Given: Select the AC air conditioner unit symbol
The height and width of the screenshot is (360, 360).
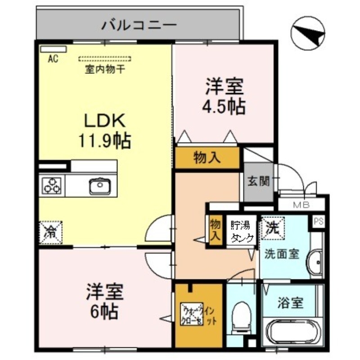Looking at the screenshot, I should click(x=53, y=49).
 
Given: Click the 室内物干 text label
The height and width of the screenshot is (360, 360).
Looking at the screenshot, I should click(x=105, y=70).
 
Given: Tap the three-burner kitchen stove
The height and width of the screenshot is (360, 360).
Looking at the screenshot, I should click(x=52, y=186).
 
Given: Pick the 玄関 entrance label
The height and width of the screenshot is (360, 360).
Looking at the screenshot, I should click(x=258, y=181).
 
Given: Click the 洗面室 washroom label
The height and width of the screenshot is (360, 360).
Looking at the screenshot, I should click(x=282, y=254).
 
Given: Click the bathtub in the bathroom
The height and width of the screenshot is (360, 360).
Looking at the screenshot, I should click(x=292, y=333).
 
